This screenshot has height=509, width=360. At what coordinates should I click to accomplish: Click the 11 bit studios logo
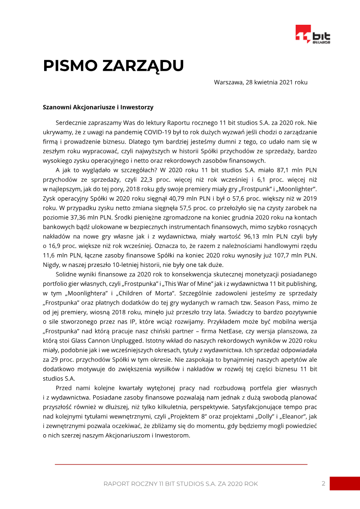click(x=313, y=35)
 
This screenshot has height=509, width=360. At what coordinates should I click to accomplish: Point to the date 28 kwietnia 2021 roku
click(x=274, y=82)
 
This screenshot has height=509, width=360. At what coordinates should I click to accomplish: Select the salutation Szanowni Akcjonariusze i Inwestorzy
click(x=98, y=108)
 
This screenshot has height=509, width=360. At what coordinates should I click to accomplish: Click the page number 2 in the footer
click(x=323, y=484)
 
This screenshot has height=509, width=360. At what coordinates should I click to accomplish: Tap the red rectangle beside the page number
click(x=345, y=484)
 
